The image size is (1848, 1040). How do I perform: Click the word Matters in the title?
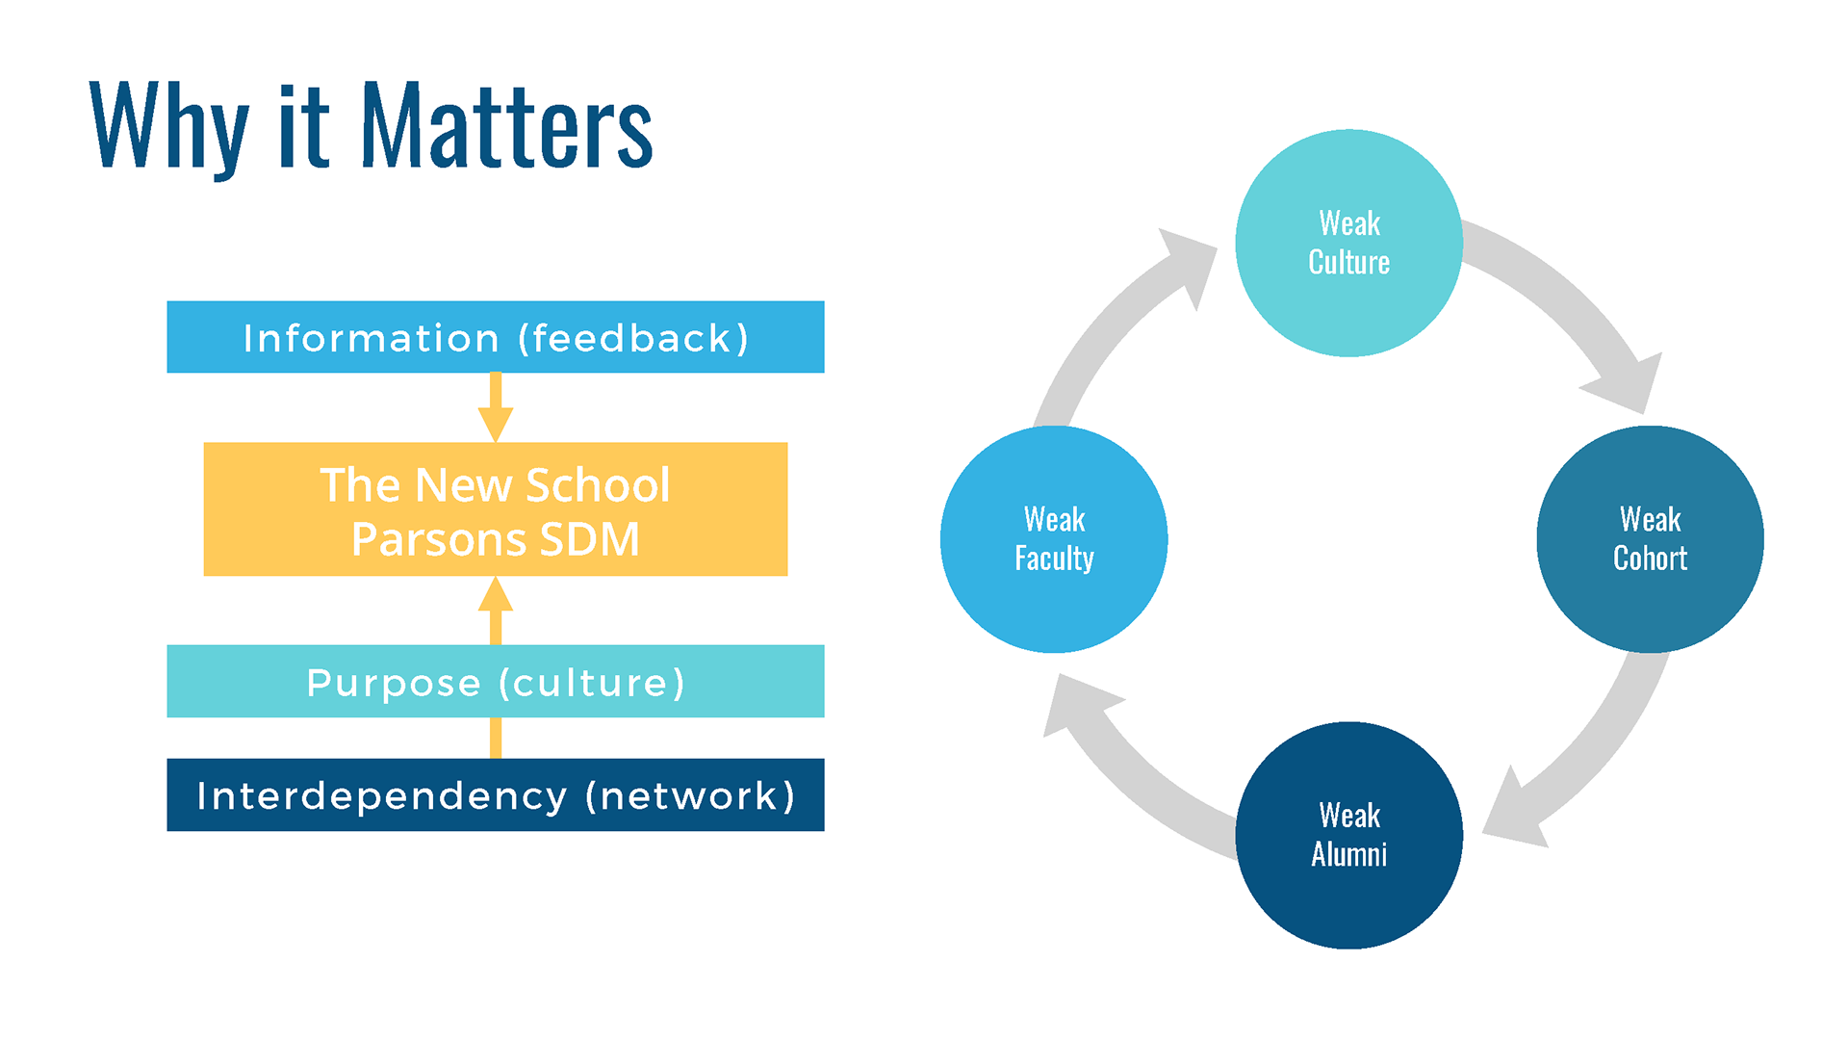(x=507, y=125)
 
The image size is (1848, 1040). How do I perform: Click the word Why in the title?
(x=169, y=130)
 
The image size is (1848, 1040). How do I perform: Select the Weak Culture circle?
(x=1349, y=243)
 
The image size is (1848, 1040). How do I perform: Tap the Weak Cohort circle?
(x=1650, y=539)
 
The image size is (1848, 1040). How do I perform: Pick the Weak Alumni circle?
(x=1349, y=835)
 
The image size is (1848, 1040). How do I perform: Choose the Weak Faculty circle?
(x=1054, y=539)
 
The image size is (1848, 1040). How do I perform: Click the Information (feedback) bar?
(x=496, y=337)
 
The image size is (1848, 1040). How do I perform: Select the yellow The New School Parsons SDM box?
(x=496, y=509)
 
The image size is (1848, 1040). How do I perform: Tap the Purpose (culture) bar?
(x=496, y=681)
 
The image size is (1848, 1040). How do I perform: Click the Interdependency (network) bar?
(x=496, y=794)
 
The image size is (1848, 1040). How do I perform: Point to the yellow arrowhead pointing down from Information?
(x=496, y=425)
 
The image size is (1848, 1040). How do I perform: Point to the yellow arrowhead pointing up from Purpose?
(x=496, y=593)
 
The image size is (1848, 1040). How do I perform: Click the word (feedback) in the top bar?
(x=633, y=339)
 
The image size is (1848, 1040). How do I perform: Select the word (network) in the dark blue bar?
(x=690, y=796)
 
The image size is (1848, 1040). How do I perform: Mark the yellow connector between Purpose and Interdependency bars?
(x=496, y=738)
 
